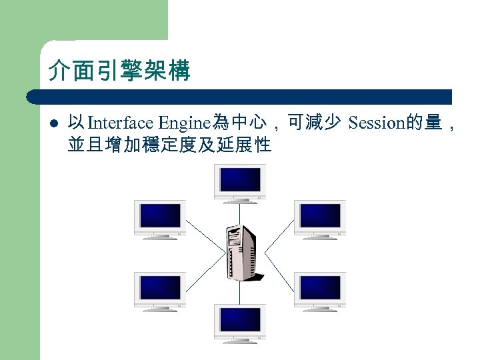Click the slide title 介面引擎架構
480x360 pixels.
pyautogui.click(x=119, y=70)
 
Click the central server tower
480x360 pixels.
pyautogui.click(x=241, y=253)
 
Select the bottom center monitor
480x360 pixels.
pyautogui.click(x=239, y=323)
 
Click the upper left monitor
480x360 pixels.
pyautogui.click(x=160, y=219)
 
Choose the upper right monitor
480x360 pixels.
pyautogui.click(x=320, y=219)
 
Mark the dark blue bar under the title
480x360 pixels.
pyautogui.click(x=240, y=97)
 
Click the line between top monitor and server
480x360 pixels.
pyautogui.click(x=239, y=211)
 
